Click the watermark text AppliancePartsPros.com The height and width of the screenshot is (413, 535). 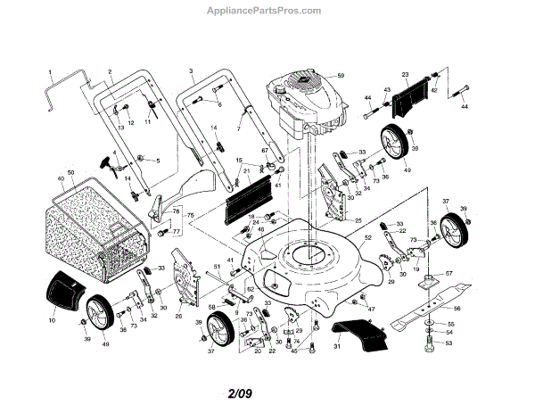pos(268,10)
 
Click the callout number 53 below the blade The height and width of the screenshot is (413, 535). pos(449,343)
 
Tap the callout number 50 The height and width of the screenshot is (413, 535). pos(71,171)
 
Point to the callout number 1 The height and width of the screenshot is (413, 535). pos(51,70)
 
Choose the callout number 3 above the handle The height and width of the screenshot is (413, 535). pos(191,70)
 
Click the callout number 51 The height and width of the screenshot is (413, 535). pos(218,268)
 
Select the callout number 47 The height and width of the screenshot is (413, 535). pos(372,309)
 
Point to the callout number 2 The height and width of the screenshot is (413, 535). pos(110,70)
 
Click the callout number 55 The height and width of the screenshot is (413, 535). pos(449,324)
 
